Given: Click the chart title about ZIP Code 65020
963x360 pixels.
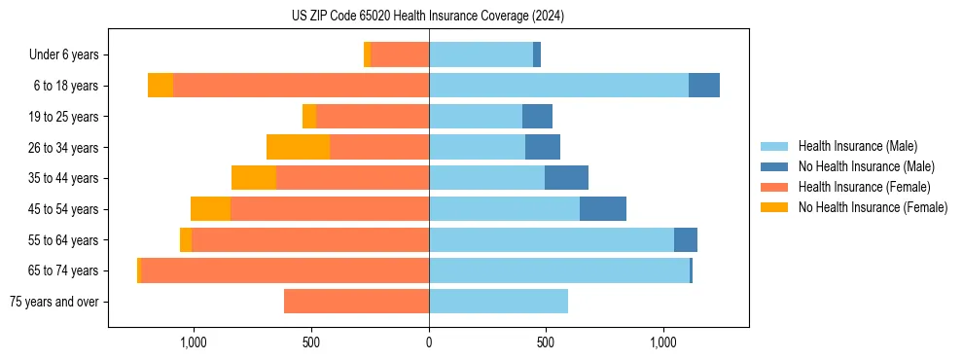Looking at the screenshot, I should [427, 16].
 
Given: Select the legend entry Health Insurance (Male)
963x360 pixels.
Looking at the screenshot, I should [857, 146].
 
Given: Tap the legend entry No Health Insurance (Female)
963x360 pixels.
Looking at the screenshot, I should [873, 207].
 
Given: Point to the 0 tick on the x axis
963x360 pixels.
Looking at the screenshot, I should [429, 342].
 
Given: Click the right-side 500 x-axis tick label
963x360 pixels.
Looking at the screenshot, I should [546, 342].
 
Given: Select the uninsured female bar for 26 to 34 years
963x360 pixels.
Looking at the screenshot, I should [298, 147].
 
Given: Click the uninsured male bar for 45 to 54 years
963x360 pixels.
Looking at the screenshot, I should [603, 209].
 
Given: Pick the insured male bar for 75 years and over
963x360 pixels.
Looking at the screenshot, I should [498, 302].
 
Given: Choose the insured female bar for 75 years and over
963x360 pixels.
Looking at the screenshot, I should [356, 302].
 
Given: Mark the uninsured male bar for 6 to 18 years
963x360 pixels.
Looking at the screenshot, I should [704, 86].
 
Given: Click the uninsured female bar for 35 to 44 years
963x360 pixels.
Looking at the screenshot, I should [254, 178].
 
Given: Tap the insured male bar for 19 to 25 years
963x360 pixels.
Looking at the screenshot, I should [476, 117].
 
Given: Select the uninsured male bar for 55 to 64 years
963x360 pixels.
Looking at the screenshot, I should [686, 239].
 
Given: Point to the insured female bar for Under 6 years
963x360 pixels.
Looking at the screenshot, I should [400, 55].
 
